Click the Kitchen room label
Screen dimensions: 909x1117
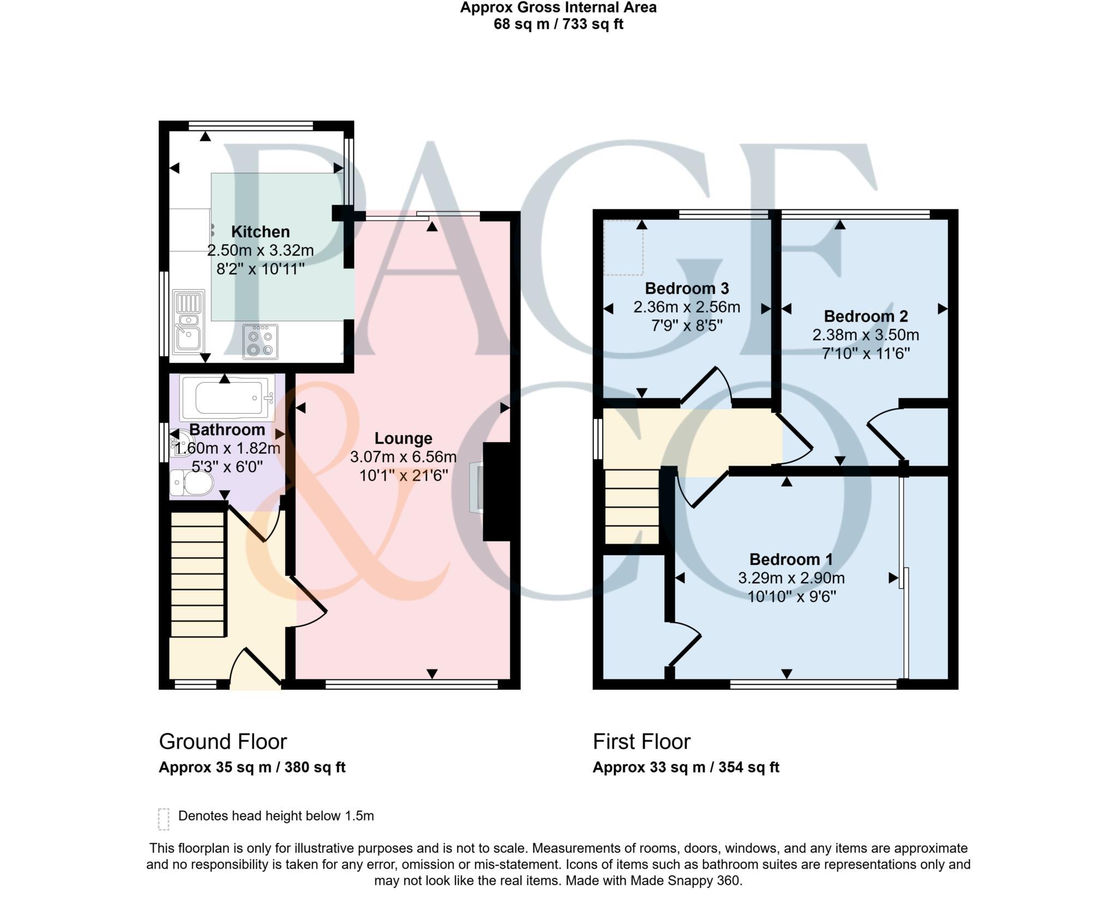click(260, 232)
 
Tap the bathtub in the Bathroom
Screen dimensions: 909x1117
click(227, 398)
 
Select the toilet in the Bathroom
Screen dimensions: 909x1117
click(192, 483)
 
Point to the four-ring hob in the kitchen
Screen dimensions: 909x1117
click(260, 342)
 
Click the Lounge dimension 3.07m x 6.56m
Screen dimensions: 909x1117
click(403, 457)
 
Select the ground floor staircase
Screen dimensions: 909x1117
click(198, 574)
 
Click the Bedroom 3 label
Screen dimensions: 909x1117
click(687, 288)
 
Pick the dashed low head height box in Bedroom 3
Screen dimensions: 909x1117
click(623, 247)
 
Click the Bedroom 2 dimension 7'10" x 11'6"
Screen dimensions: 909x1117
click(866, 353)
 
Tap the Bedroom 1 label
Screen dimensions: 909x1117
click(791, 559)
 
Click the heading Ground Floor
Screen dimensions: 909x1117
click(223, 742)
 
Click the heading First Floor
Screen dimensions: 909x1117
click(641, 742)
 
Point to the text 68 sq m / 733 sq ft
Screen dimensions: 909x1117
click(558, 25)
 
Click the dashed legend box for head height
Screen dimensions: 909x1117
click(164, 819)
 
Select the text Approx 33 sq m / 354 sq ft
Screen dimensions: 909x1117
click(686, 767)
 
